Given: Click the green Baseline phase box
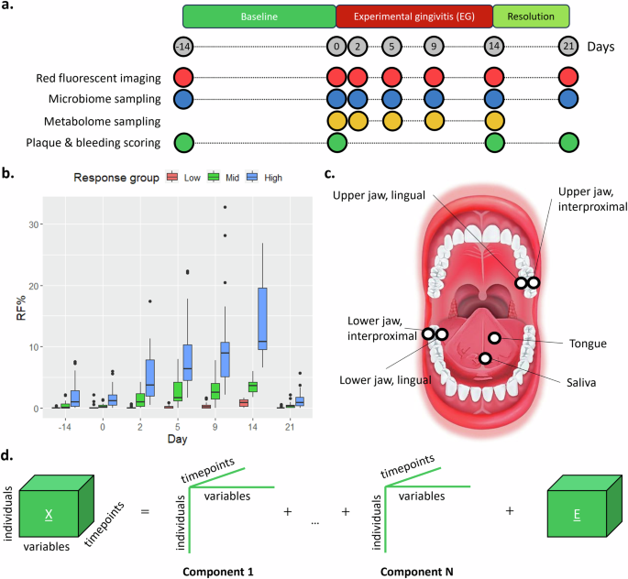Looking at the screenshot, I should point(259,16).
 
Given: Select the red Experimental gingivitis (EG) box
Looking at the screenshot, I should point(413,16).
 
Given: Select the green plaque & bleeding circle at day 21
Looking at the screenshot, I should point(568,142).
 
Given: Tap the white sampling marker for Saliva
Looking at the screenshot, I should point(484,358).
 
